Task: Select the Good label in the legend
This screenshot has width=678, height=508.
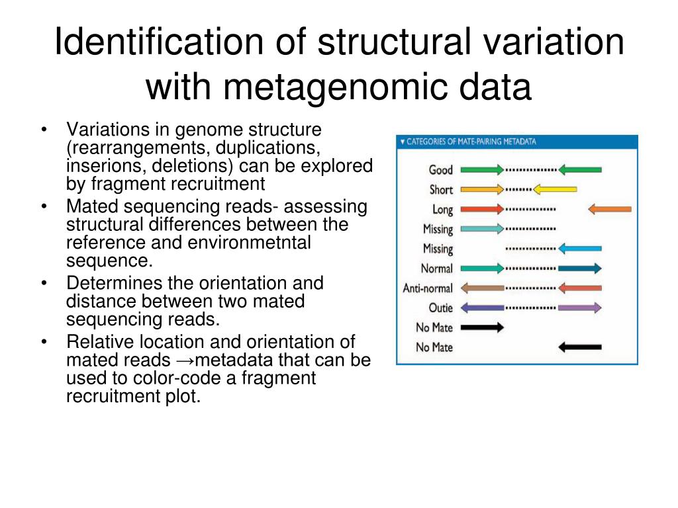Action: pyautogui.click(x=441, y=170)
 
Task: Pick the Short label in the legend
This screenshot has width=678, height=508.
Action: pyautogui.click(x=441, y=190)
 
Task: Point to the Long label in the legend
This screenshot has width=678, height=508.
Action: pyautogui.click(x=442, y=210)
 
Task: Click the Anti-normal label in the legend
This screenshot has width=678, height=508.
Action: pyautogui.click(x=428, y=288)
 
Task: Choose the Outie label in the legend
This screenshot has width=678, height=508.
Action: pyautogui.click(x=440, y=308)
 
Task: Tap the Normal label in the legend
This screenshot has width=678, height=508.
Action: pyautogui.click(x=437, y=269)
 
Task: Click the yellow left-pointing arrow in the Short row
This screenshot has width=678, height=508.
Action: pyautogui.click(x=555, y=190)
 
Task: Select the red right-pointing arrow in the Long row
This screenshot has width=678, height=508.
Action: pyautogui.click(x=482, y=210)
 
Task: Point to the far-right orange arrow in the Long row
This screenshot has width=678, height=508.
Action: pyautogui.click(x=610, y=210)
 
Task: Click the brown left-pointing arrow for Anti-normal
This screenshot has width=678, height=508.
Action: pyautogui.click(x=482, y=288)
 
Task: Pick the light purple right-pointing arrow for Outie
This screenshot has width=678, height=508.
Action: pyautogui.click(x=580, y=308)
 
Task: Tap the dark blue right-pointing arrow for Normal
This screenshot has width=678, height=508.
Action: pyautogui.click(x=580, y=269)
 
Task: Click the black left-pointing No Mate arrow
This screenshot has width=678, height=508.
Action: pyautogui.click(x=580, y=347)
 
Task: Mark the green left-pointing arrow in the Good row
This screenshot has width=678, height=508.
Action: pyautogui.click(x=580, y=170)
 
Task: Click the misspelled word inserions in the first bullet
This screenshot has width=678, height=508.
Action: pyautogui.click(x=95, y=165)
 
